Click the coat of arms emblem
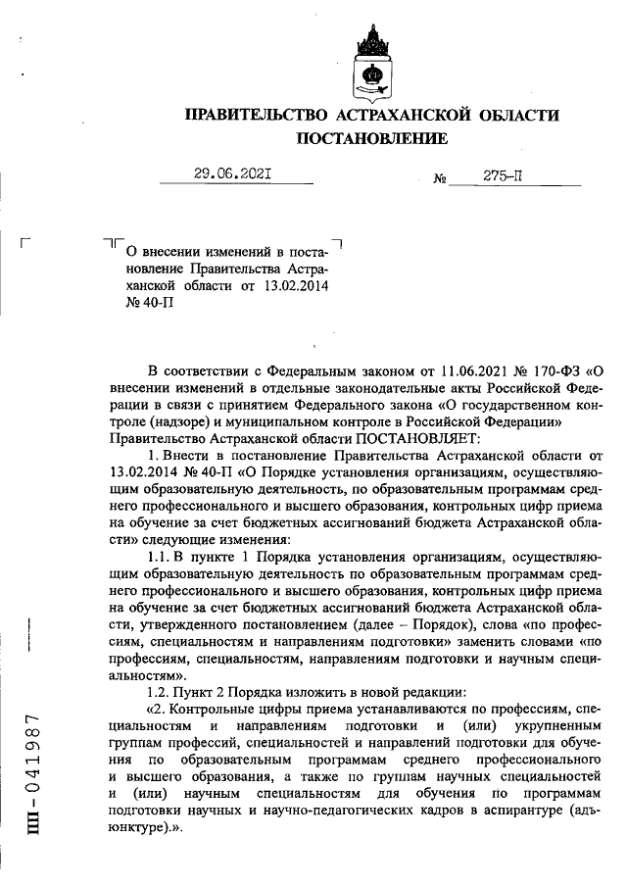373,61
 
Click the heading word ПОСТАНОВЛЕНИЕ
372,139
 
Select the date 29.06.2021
232,174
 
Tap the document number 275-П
503,175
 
